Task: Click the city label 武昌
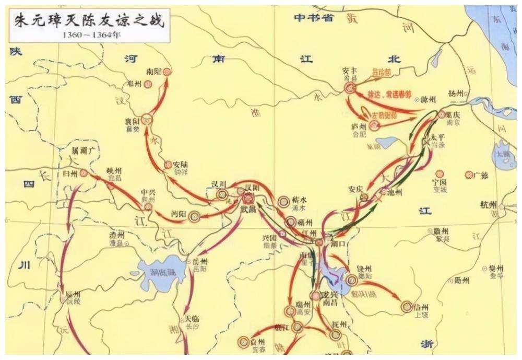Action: [248, 208]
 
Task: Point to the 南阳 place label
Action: [154, 72]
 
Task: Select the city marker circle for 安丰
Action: [350, 89]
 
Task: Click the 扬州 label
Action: [455, 94]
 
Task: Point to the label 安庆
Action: [355, 189]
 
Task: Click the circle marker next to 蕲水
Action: [284, 201]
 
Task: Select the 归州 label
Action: [69, 173]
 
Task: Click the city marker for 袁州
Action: [243, 342]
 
